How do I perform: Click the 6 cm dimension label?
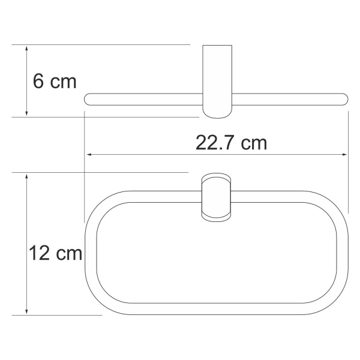pyautogui.click(x=55, y=81)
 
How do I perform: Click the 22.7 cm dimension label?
pyautogui.click(x=231, y=143)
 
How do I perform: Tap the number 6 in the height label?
pyautogui.click(x=38, y=81)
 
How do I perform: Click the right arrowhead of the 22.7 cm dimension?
pyautogui.click(x=344, y=155)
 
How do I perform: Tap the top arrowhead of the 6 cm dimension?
pyautogui.click(x=27, y=49)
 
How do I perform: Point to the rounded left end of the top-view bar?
pyautogui.click(x=89, y=99)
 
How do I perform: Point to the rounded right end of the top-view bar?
pyautogui.click(x=344, y=99)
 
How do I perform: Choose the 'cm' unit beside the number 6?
pyautogui.click(x=63, y=81)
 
